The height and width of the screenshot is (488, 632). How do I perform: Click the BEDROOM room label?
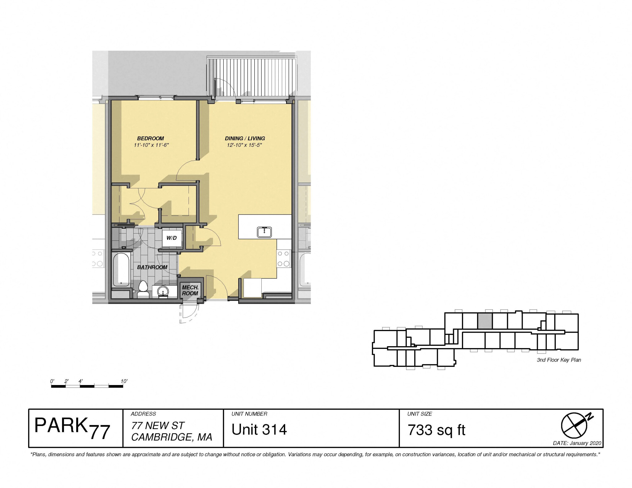tap(151, 138)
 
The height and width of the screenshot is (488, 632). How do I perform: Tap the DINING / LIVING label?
tap(245, 138)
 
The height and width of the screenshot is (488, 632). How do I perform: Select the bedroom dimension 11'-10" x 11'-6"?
tap(151, 145)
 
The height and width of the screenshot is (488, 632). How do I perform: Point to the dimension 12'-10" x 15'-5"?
tap(244, 145)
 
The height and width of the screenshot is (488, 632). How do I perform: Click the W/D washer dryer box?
tap(172, 238)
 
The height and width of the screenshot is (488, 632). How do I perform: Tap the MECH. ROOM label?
tap(190, 290)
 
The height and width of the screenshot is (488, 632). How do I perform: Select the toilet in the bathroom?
tap(143, 289)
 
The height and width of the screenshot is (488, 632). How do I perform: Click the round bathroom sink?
tap(163, 291)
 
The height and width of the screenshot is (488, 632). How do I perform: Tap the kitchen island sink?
tap(264, 232)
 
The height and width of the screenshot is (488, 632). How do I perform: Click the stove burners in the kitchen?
tap(284, 259)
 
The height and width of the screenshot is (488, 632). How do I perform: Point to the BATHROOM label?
tap(152, 267)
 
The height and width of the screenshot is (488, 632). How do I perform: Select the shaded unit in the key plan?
tap(485, 321)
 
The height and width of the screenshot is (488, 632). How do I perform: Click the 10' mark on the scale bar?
tap(124, 381)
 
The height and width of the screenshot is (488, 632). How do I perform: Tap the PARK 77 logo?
tap(72, 429)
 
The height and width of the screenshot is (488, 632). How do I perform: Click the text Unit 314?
tap(259, 430)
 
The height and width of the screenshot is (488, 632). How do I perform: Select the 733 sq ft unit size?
tap(436, 430)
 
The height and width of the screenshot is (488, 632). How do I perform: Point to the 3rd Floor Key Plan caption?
tap(559, 360)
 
